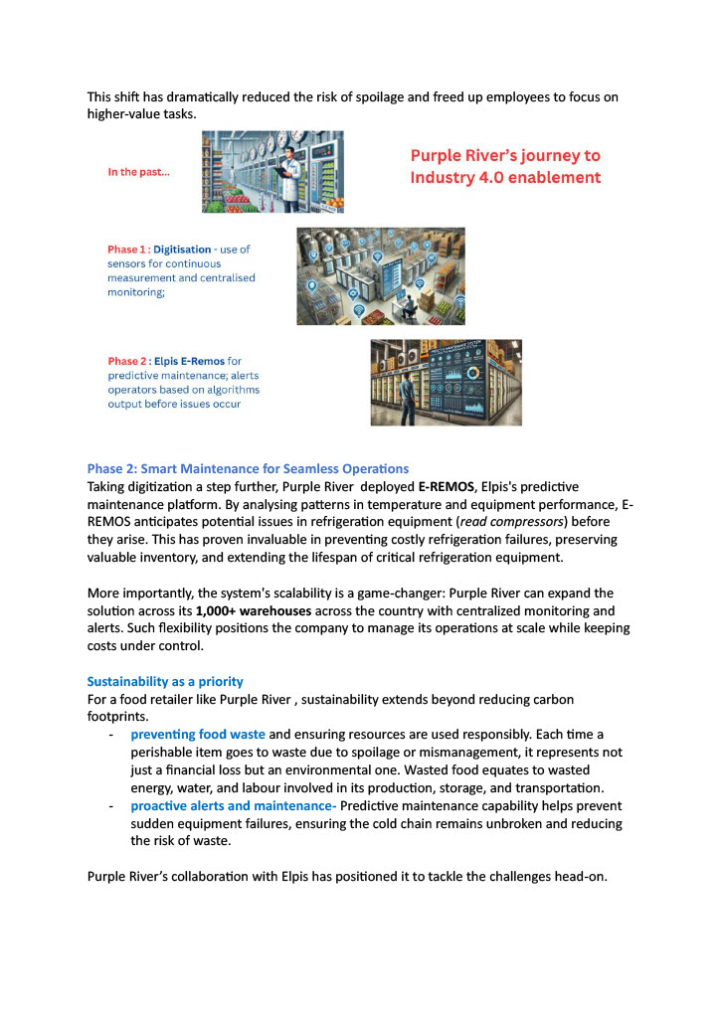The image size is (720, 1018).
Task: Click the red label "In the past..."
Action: tap(138, 172)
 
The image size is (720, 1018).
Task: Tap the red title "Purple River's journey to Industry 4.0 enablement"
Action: tap(505, 166)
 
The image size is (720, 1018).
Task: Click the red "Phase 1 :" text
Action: tap(132, 250)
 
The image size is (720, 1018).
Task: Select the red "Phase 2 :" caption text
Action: tap(132, 361)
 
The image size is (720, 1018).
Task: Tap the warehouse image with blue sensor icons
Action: tap(380, 275)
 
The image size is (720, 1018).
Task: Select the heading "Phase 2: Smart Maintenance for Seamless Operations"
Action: tap(248, 468)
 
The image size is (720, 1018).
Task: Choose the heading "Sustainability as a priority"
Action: tap(164, 681)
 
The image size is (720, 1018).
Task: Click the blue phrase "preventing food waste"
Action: tap(198, 735)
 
